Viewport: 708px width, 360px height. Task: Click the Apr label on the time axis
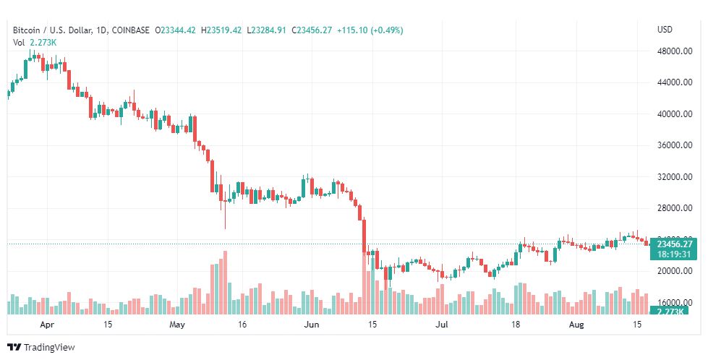(x=48, y=325)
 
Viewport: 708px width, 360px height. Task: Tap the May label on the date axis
(x=178, y=325)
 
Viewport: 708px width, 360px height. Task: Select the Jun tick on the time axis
(x=311, y=325)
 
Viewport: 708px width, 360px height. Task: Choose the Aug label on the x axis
(x=575, y=325)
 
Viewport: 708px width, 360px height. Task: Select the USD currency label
(x=665, y=30)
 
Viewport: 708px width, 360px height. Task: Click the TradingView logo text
(x=49, y=347)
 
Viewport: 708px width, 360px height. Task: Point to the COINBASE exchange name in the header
(x=131, y=30)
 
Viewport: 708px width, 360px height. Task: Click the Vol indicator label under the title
(x=20, y=42)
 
